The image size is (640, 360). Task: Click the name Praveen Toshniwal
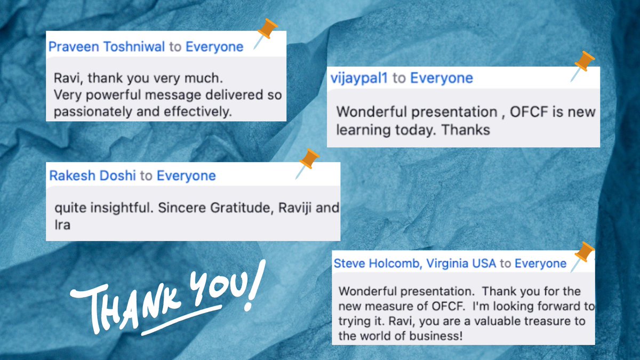pyautogui.click(x=107, y=47)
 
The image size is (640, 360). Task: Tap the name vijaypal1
pyautogui.click(x=359, y=78)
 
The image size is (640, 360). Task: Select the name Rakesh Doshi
pyautogui.click(x=92, y=175)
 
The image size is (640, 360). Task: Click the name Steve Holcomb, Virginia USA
pyautogui.click(x=414, y=263)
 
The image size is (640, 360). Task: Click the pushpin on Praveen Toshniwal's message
pyautogui.click(x=265, y=33)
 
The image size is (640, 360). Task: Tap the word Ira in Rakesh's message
pyautogui.click(x=62, y=225)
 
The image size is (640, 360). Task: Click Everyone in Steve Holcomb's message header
pyautogui.click(x=541, y=263)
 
